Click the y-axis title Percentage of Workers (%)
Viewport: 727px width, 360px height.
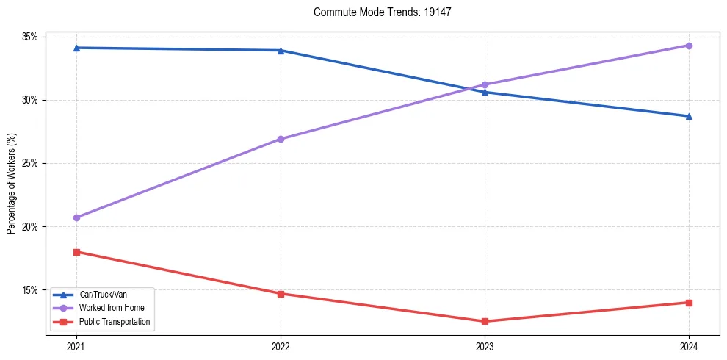point(12,183)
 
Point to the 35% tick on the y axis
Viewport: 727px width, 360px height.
point(32,37)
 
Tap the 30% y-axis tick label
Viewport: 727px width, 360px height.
point(32,100)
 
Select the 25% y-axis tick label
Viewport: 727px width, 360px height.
point(32,163)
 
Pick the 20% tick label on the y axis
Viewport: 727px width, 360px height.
point(32,227)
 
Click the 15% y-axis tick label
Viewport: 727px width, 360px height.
point(32,290)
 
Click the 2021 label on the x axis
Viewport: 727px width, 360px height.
point(76,346)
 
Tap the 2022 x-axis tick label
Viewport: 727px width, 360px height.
point(281,346)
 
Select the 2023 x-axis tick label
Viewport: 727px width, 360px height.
point(485,346)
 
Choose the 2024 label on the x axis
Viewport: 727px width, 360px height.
point(689,346)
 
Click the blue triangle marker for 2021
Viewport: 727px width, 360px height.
point(76,48)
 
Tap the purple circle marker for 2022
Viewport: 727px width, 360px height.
point(281,139)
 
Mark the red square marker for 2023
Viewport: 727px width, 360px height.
point(485,321)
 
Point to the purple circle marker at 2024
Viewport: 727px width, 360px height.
point(689,46)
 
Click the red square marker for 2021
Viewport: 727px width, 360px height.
point(76,252)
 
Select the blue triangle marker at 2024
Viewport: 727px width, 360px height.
point(689,116)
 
